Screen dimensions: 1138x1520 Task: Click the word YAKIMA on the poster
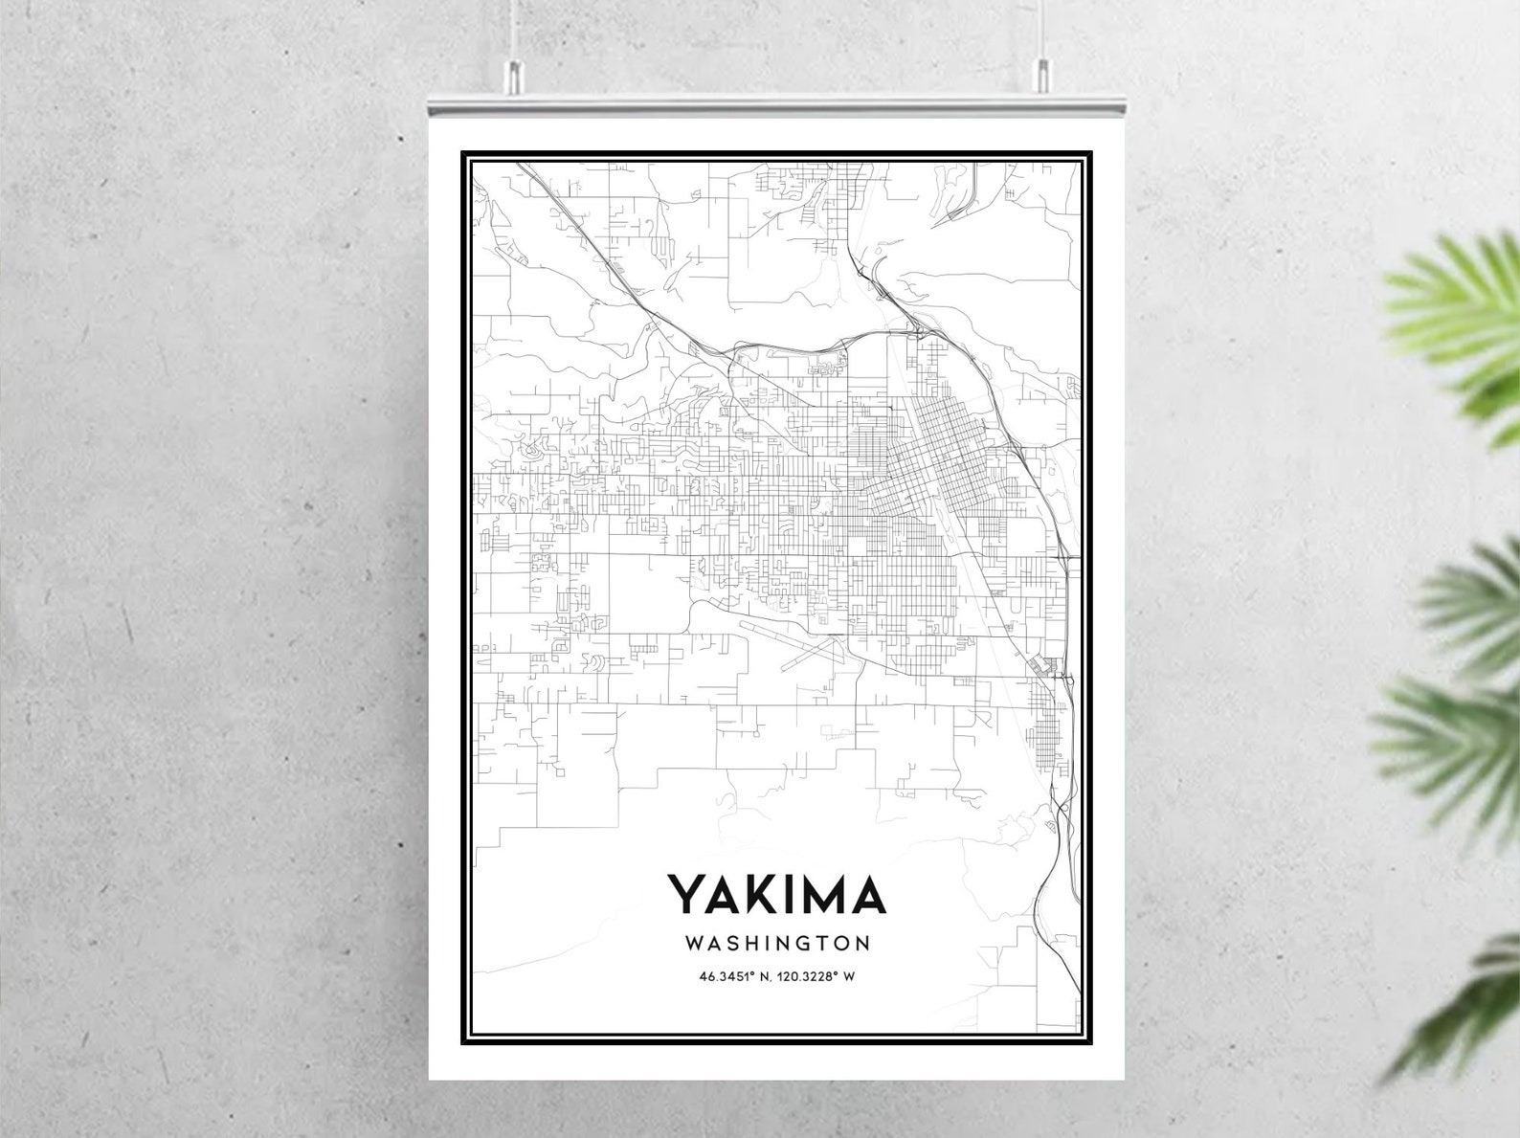pos(776,894)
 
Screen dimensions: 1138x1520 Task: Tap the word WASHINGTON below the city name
pos(777,943)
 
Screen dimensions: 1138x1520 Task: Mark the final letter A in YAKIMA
pos(868,894)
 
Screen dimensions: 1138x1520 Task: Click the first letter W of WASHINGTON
pos(695,943)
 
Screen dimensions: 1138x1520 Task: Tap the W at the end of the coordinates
pos(848,977)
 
